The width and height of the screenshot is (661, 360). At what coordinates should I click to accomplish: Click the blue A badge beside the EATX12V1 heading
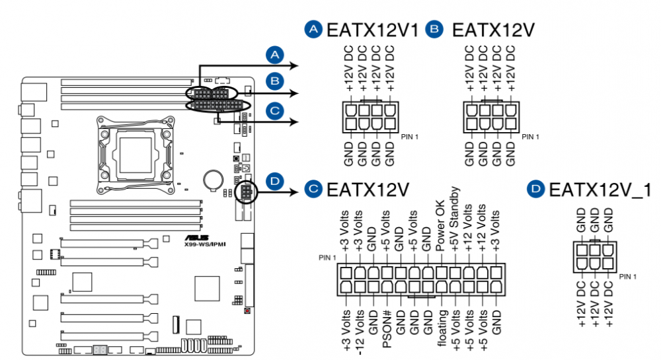(x=313, y=29)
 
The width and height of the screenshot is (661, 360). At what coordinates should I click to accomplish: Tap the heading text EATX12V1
(x=373, y=30)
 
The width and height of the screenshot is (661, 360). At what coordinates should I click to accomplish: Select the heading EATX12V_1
(x=600, y=190)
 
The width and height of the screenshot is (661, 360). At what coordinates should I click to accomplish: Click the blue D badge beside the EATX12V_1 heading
(x=535, y=189)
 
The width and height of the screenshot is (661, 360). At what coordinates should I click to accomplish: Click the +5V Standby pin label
(x=453, y=219)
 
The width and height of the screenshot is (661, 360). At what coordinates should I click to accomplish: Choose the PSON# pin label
(x=387, y=329)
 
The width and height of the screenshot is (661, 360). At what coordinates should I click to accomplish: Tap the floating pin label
(x=442, y=328)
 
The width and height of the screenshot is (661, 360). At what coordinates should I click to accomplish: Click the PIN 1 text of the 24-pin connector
(x=327, y=258)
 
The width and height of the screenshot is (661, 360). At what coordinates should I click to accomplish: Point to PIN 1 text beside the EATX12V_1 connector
(x=628, y=277)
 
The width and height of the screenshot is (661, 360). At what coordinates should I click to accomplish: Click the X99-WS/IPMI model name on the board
(x=205, y=244)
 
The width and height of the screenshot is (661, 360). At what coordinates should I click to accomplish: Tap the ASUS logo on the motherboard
(x=196, y=238)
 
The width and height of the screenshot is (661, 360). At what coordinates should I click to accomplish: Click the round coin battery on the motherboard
(x=213, y=180)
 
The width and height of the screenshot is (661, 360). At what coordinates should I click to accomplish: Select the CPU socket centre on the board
(x=136, y=155)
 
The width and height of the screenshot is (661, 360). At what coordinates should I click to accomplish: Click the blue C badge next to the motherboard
(x=275, y=111)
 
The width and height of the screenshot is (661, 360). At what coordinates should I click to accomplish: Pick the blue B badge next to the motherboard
(x=275, y=81)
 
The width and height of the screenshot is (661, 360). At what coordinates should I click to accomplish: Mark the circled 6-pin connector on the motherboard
(x=246, y=192)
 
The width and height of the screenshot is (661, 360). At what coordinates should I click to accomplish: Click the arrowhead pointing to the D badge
(x=295, y=192)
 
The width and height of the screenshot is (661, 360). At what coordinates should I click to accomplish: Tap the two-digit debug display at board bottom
(x=100, y=350)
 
